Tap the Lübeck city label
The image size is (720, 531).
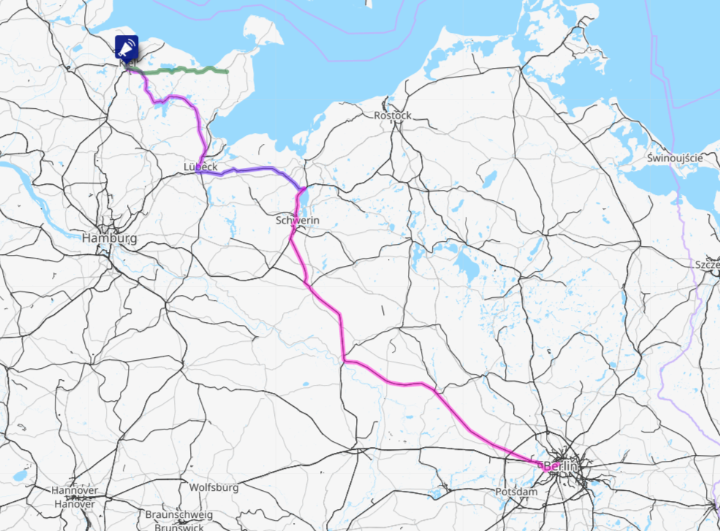tap(200, 167)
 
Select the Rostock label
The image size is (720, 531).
tap(393, 115)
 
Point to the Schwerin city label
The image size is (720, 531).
tap(298, 220)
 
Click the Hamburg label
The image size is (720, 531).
tap(109, 239)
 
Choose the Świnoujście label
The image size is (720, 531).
tap(675, 158)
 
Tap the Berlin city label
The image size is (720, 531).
tap(561, 466)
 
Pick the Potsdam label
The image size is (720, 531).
tap(516, 492)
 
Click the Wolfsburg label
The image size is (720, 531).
tap(213, 486)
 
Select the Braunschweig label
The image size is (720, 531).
tap(178, 514)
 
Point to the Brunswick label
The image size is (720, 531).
tap(178, 526)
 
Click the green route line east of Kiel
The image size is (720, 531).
tap(190, 70)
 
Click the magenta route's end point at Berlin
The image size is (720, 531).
tap(539, 464)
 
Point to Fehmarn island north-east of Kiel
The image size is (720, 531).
tap(260, 33)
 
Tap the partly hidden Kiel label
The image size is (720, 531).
tap(126, 64)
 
